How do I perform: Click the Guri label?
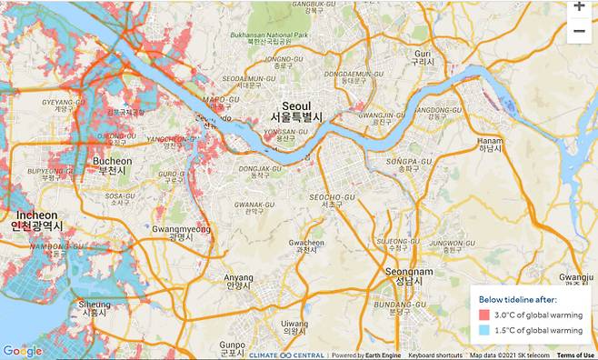tap(420, 57)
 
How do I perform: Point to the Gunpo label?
tap(232, 346)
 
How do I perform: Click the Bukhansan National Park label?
tap(264, 37)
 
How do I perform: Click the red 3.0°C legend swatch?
tap(483, 315)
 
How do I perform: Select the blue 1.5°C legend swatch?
tap(483, 330)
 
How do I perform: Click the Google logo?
tap(22, 351)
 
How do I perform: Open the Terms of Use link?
tap(575, 355)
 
